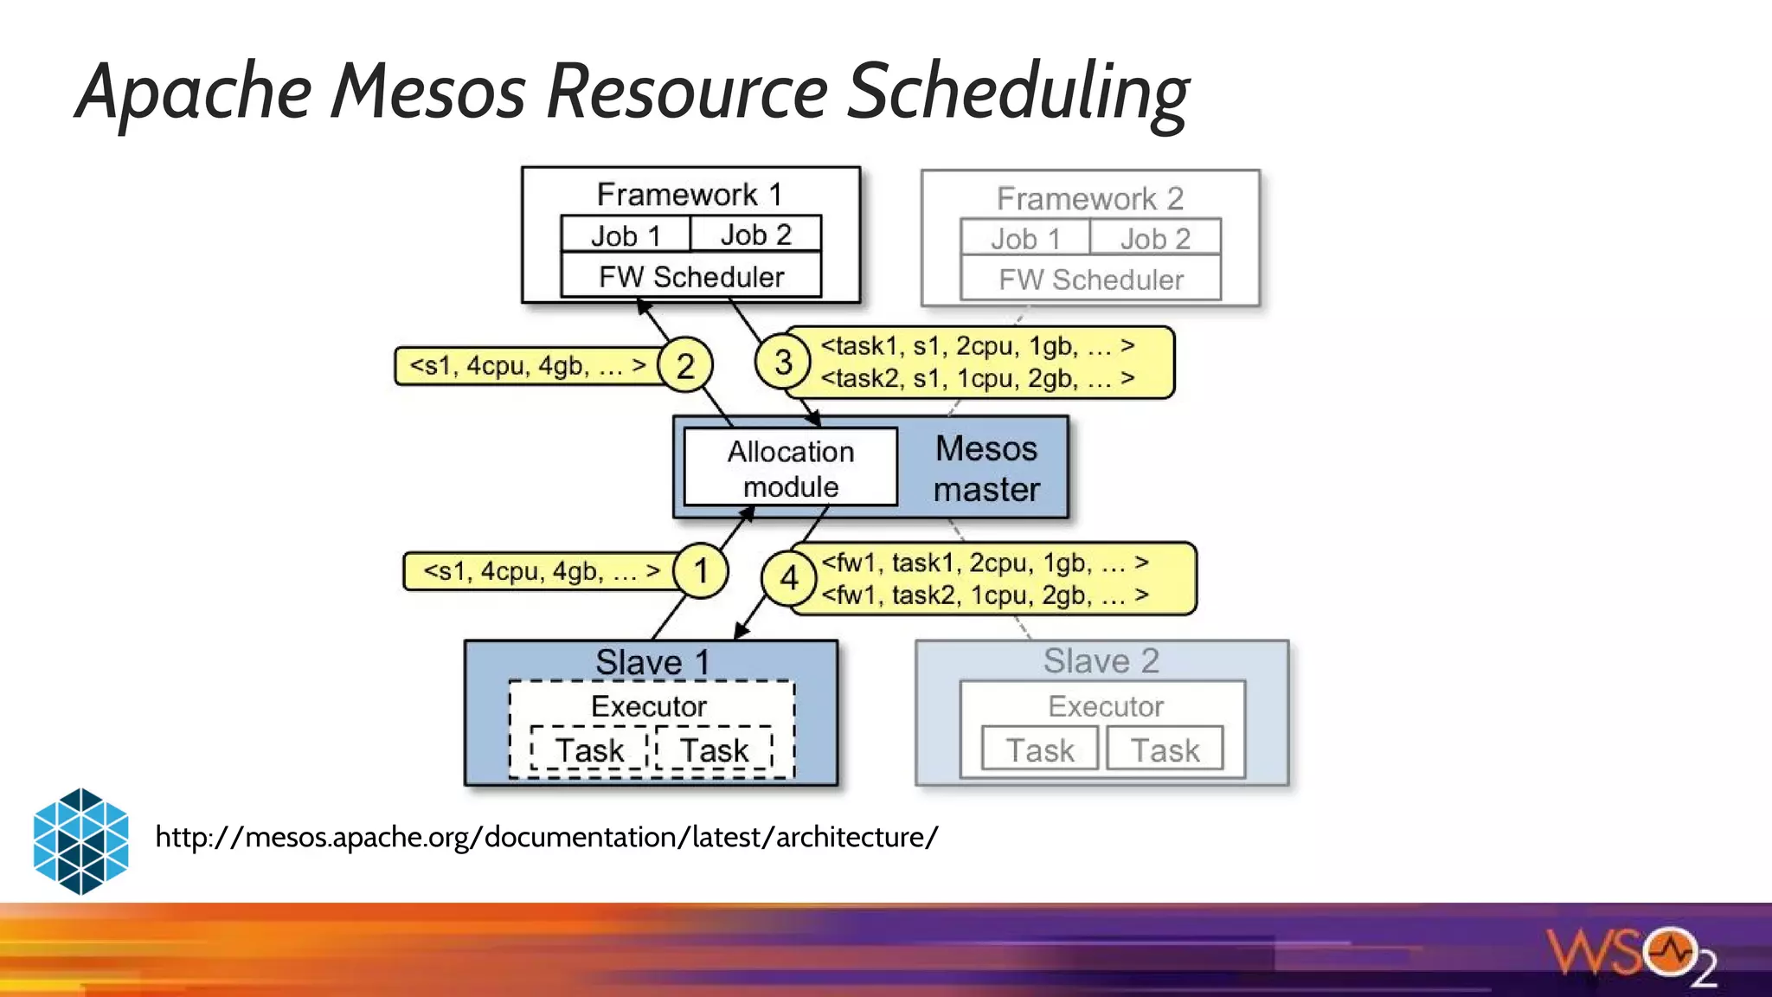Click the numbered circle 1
coord(701,571)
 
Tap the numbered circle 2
coord(685,365)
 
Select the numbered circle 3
coord(783,362)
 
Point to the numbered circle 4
coord(789,577)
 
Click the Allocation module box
coord(790,467)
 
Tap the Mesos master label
coord(986,468)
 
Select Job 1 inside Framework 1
coord(626,235)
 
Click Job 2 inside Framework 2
coord(1155,238)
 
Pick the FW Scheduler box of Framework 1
coord(690,277)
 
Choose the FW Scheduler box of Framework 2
coord(1090,280)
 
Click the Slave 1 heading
coord(652,662)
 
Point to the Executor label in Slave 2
coord(1105,706)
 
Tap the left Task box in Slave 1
coord(589,749)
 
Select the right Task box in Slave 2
coord(1165,749)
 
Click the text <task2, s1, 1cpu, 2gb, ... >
coord(977,378)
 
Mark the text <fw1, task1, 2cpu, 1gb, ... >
coord(985,563)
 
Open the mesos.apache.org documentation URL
coord(546,837)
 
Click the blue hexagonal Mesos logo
coord(80,840)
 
